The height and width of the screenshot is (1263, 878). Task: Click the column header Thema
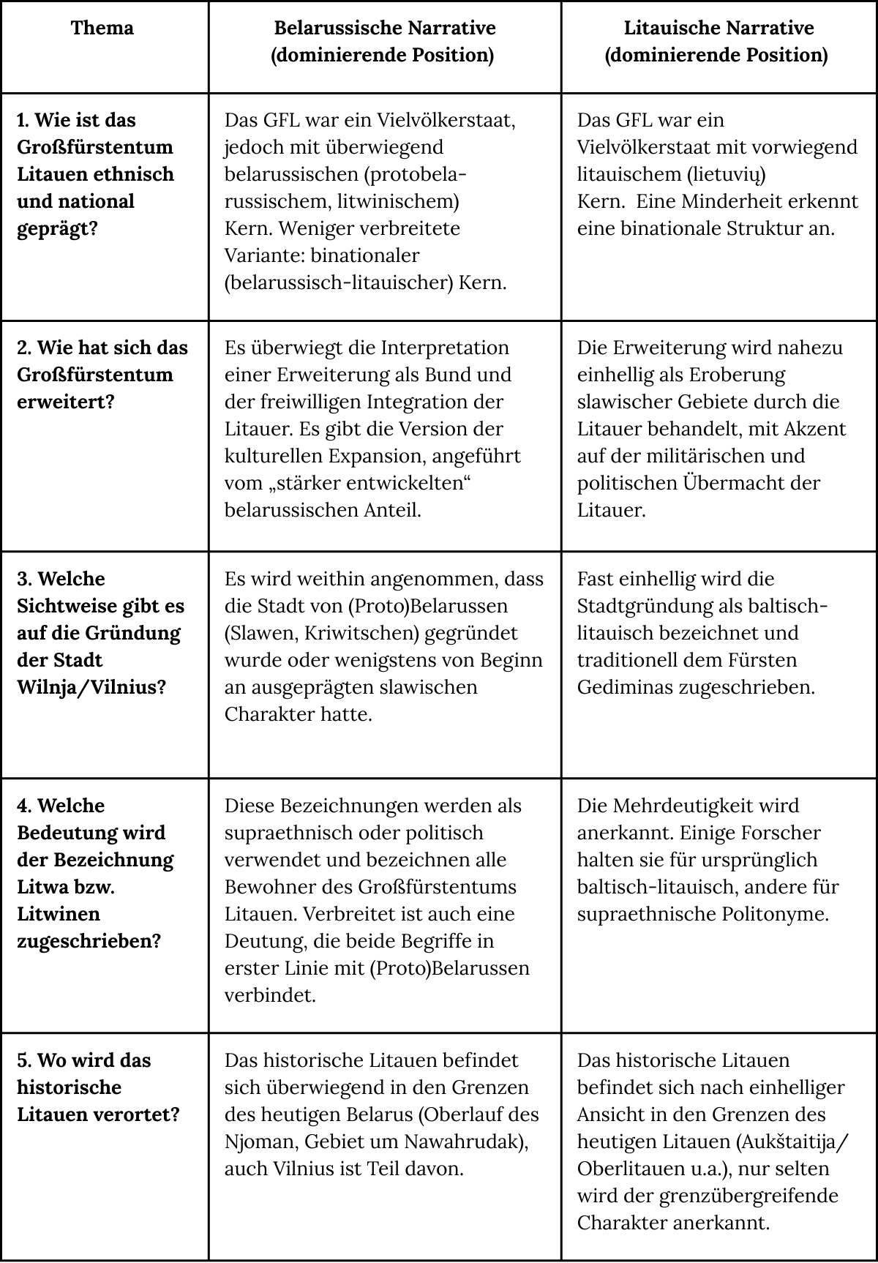pos(102,29)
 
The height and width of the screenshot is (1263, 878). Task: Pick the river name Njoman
pos(258,1142)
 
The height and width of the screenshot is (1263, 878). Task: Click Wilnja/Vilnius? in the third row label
pos(92,687)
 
